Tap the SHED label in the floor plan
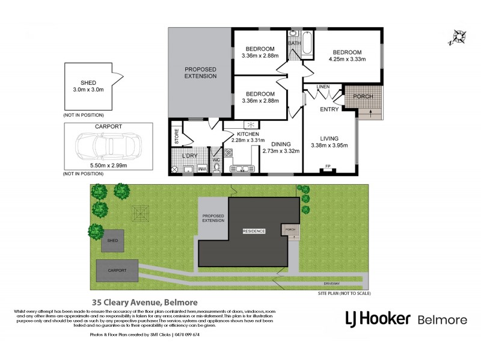tap(88, 83)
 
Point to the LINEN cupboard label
tap(322, 87)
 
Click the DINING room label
tap(281, 144)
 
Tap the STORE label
tap(176, 135)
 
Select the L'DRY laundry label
tap(189, 156)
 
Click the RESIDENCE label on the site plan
tap(254, 231)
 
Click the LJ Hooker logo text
tap(378, 318)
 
